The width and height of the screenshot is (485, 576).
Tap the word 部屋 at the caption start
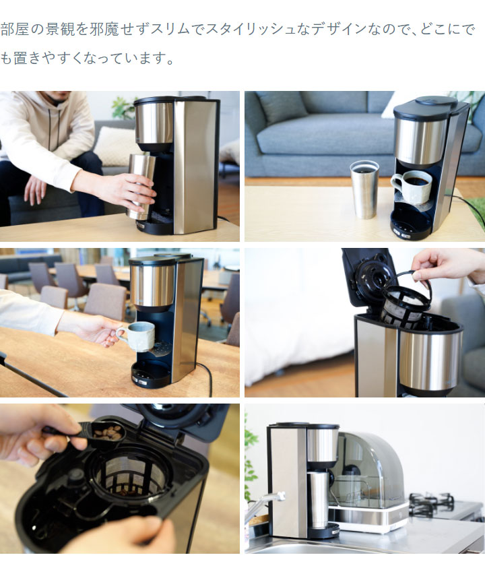(x=16, y=30)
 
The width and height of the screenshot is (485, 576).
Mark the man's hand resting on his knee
(x=35, y=190)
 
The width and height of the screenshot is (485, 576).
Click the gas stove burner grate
(x=431, y=502)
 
